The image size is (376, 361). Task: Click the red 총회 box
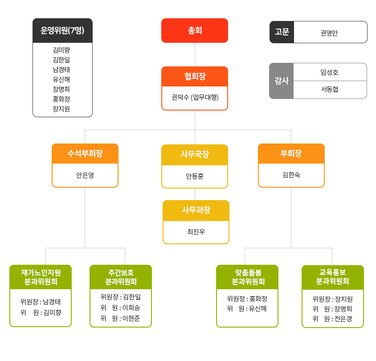(195, 30)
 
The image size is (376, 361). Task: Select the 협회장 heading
(195, 76)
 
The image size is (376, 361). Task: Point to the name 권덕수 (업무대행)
(195, 98)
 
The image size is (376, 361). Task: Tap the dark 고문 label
(282, 32)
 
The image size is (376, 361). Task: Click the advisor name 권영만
(329, 33)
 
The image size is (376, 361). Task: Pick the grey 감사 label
(282, 81)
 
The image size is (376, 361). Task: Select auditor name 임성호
(329, 72)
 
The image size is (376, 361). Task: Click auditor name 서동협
(330, 89)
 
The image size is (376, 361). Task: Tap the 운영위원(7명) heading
(62, 30)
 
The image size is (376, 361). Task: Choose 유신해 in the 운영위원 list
(61, 79)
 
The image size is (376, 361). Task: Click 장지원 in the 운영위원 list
(61, 109)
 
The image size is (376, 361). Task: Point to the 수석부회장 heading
(85, 153)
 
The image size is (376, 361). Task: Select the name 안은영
(85, 175)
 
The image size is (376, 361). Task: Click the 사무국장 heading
(195, 154)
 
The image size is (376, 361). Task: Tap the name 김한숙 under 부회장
(291, 175)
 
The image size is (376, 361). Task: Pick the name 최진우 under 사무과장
(196, 232)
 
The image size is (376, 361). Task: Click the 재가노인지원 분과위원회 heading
(41, 277)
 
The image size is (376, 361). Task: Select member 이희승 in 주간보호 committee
(131, 308)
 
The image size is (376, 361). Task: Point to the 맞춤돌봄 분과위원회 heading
(248, 277)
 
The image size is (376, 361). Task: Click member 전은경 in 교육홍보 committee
(343, 319)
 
